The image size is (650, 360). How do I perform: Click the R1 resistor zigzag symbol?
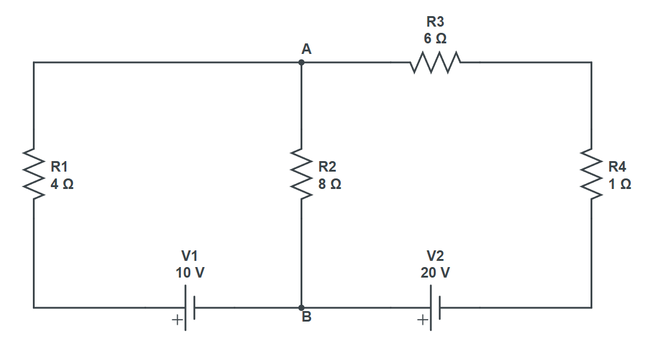33,175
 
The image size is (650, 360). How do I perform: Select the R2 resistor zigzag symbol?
301,175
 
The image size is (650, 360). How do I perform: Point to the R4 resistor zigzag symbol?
591,175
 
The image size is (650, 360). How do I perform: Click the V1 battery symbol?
190,307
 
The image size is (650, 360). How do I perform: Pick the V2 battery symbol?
435,307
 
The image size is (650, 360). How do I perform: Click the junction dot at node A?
301,63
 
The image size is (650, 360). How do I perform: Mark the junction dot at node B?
301,307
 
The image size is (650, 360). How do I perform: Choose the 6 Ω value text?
435,38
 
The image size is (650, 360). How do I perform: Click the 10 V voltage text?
190,273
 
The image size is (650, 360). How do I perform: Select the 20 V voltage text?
435,273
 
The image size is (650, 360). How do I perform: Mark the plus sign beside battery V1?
177,320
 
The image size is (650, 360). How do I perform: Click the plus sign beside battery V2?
422,320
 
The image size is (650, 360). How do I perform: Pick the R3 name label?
435,22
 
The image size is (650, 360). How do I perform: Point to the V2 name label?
435,256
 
